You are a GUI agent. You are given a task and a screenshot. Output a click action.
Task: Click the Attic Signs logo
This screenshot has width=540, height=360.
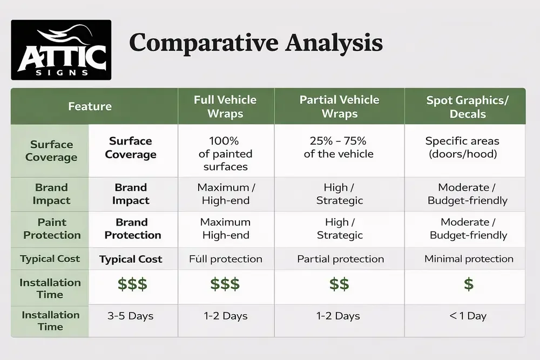pos(61,50)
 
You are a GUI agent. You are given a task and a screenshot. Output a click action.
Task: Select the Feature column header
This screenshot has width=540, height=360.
pos(90,106)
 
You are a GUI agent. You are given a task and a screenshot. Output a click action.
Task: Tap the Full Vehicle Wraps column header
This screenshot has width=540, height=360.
pos(226,106)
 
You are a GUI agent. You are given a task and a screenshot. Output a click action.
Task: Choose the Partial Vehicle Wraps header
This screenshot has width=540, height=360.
pos(340,106)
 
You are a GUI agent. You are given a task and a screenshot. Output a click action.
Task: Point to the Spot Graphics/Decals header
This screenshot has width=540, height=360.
pos(468,106)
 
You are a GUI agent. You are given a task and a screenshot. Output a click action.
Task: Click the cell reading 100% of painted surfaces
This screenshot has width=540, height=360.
pos(226,154)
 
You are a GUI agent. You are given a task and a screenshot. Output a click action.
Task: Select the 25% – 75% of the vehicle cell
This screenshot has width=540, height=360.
pos(339,147)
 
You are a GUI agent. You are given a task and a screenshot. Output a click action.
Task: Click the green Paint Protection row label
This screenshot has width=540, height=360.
pos(52,229)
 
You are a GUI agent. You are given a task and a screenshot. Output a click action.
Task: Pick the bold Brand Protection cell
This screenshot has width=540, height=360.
pos(132,229)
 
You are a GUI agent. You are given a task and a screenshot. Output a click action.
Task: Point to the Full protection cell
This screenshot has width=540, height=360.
pos(226,259)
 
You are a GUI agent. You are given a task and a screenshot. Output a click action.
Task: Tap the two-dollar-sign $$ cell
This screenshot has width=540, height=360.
pos(340,284)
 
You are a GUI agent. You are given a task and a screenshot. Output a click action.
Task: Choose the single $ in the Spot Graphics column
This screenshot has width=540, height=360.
pos(468,284)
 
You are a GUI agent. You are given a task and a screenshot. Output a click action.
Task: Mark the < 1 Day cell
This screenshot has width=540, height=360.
pos(468,316)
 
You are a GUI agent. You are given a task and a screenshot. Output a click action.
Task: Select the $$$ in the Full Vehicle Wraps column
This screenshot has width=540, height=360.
pos(225,284)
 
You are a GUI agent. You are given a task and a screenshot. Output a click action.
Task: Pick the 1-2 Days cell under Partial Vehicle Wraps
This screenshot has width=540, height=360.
pos(340,316)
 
